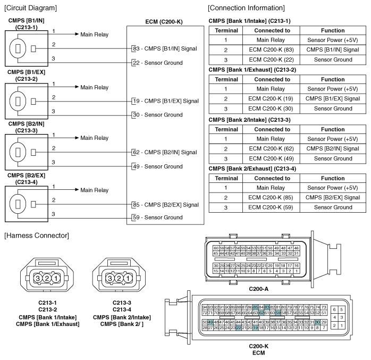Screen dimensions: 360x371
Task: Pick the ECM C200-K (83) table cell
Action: point(268,49)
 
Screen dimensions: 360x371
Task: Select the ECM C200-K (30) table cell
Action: point(268,108)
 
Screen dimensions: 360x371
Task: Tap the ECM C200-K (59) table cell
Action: point(268,207)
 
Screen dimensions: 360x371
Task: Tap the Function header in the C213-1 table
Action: point(333,30)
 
